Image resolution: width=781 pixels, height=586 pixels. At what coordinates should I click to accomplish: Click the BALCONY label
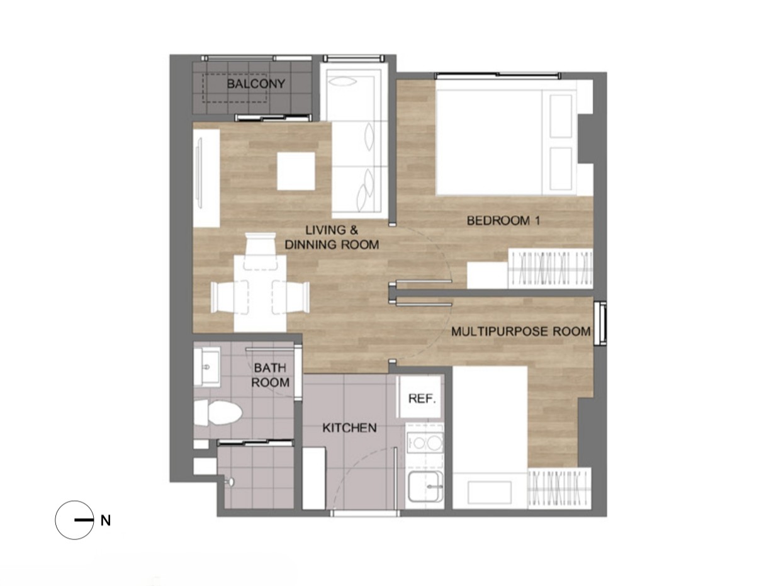coord(256,84)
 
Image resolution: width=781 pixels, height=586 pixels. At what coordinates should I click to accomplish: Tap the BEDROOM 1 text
coord(503,221)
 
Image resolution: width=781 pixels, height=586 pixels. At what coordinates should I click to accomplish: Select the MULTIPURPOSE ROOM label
coord(520,332)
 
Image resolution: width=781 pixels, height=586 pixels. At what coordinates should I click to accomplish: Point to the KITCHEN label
coord(349,427)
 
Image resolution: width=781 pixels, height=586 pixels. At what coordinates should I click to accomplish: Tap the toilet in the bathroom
coord(217,413)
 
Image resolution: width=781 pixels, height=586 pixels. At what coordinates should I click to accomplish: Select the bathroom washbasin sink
coord(207,367)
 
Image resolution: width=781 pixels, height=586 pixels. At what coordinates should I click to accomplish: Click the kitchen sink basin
coord(425,486)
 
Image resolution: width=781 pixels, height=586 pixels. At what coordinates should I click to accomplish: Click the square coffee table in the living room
coord(296,171)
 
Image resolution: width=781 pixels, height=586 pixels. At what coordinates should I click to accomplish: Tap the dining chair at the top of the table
coord(261,251)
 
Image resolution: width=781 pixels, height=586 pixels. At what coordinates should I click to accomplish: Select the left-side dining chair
coord(230,298)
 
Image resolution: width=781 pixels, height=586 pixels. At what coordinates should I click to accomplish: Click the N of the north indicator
coord(106,521)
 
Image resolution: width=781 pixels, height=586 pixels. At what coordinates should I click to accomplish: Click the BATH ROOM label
coord(271,375)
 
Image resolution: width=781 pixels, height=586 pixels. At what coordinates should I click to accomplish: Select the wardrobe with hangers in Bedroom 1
coord(551,269)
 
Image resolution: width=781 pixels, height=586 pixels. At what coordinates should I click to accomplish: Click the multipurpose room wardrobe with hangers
coord(559,488)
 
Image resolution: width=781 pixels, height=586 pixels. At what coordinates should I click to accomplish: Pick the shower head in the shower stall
coord(230,482)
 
